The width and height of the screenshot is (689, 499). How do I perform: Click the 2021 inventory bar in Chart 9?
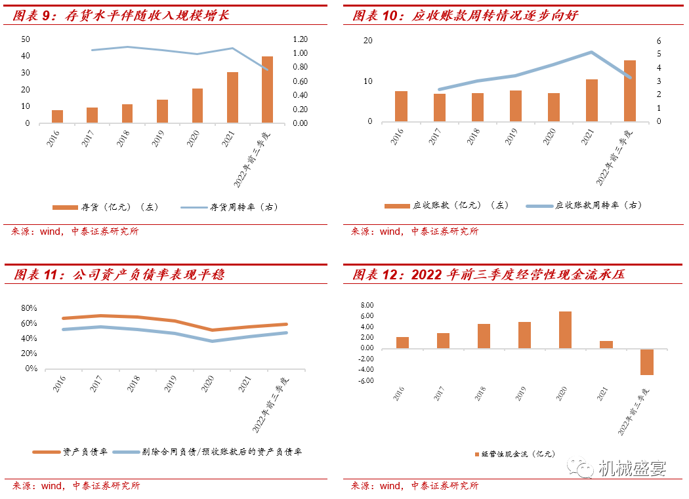pos(232,98)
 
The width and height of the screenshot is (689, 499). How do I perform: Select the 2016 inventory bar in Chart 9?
pos(58,117)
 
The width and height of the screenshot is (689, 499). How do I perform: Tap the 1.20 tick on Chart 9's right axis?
pos(300,39)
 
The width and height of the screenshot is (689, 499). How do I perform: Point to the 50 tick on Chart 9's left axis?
pos(26,39)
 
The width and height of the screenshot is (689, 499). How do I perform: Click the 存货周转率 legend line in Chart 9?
pos(194,207)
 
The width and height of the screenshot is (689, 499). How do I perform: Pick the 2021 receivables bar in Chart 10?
pos(591,100)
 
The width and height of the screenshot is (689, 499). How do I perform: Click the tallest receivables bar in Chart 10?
pos(630,91)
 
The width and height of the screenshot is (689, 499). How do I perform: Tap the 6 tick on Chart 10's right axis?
pos(659,41)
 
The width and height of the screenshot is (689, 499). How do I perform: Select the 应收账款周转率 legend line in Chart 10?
pos(539,206)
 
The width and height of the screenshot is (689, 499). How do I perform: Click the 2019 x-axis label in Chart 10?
pos(511,136)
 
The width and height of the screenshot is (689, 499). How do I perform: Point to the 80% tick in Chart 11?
pos(29,308)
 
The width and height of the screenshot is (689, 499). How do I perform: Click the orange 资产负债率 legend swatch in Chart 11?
pos(46,452)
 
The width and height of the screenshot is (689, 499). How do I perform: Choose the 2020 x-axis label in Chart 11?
pos(207,384)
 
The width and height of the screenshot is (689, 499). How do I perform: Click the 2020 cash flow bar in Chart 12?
pos(565,330)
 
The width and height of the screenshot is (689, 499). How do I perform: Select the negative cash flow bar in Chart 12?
pos(647,362)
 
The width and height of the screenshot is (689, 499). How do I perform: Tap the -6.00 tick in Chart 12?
pos(366,380)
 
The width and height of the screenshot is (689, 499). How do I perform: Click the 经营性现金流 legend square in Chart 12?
pos(477,454)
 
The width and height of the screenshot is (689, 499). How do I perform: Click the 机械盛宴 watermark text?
pos(633,469)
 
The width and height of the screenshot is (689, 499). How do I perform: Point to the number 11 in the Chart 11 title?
pos(51,275)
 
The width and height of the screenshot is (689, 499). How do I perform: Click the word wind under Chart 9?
pos(50,231)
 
